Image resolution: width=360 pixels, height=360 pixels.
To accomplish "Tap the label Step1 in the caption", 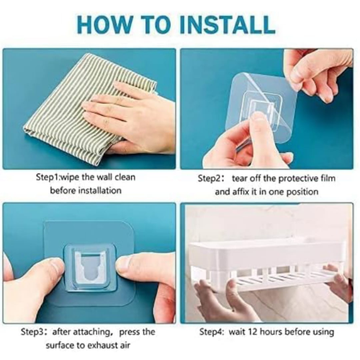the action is pyautogui.click(x=48, y=178).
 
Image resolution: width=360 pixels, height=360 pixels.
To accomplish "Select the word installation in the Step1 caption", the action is pyautogui.click(x=100, y=191).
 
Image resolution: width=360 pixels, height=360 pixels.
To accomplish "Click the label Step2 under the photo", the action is pyautogui.click(x=209, y=179).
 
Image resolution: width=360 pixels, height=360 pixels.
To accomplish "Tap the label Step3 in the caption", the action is pyautogui.click(x=32, y=332).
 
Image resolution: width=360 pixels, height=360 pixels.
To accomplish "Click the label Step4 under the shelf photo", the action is pyautogui.click(x=211, y=332).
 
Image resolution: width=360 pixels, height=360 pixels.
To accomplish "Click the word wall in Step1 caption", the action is pyautogui.click(x=104, y=177).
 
